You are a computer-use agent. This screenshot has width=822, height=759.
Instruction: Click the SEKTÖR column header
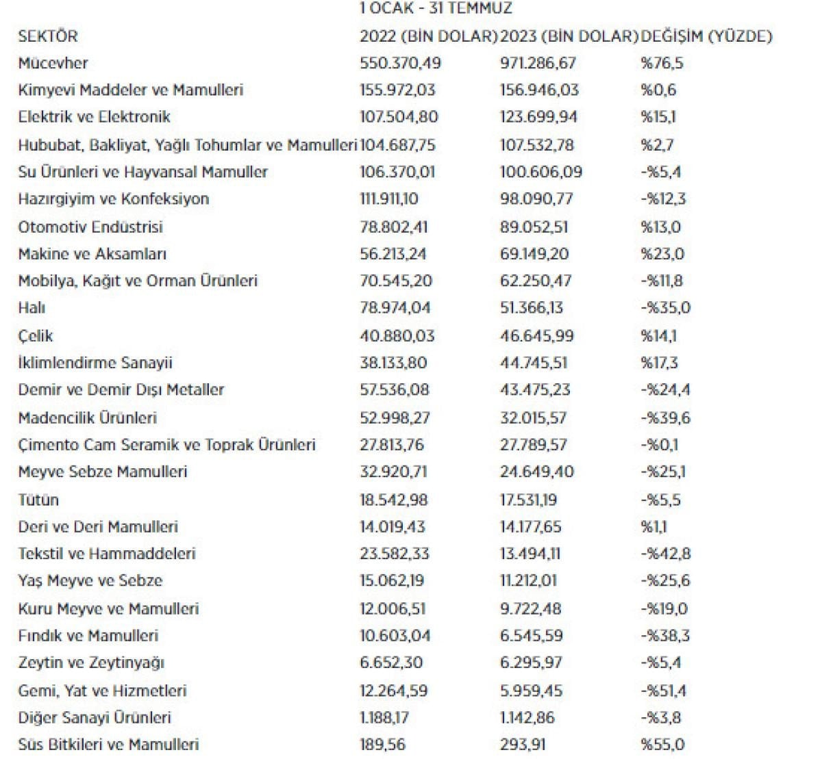point(48,36)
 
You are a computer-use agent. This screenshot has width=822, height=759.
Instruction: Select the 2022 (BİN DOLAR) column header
point(428,36)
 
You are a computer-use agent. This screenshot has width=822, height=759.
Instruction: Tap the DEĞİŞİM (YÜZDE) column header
point(706,36)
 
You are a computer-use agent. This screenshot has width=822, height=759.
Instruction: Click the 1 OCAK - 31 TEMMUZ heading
point(436,9)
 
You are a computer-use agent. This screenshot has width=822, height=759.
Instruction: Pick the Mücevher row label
point(53,63)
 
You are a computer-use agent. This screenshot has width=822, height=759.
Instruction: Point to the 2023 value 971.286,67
point(538,63)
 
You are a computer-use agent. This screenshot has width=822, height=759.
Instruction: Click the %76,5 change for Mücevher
point(662,63)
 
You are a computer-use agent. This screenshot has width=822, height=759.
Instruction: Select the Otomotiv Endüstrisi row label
point(90,227)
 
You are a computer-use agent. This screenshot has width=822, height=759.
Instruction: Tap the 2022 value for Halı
point(395,308)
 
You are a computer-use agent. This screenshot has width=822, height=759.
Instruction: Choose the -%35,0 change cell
point(665,308)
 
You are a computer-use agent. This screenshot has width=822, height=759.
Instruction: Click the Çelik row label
point(36,336)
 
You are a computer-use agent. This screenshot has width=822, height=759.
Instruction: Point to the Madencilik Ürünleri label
point(88,417)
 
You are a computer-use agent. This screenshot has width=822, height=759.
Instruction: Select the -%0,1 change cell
point(659,445)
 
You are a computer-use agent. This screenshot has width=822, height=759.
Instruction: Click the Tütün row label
point(38,500)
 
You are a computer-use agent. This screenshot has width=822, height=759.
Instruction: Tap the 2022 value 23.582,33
point(395,554)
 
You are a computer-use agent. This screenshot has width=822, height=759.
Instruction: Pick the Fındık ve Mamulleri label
point(88,636)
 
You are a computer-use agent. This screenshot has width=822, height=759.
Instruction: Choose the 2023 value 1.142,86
point(527,718)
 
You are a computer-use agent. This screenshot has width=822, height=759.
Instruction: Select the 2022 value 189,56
point(381,745)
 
